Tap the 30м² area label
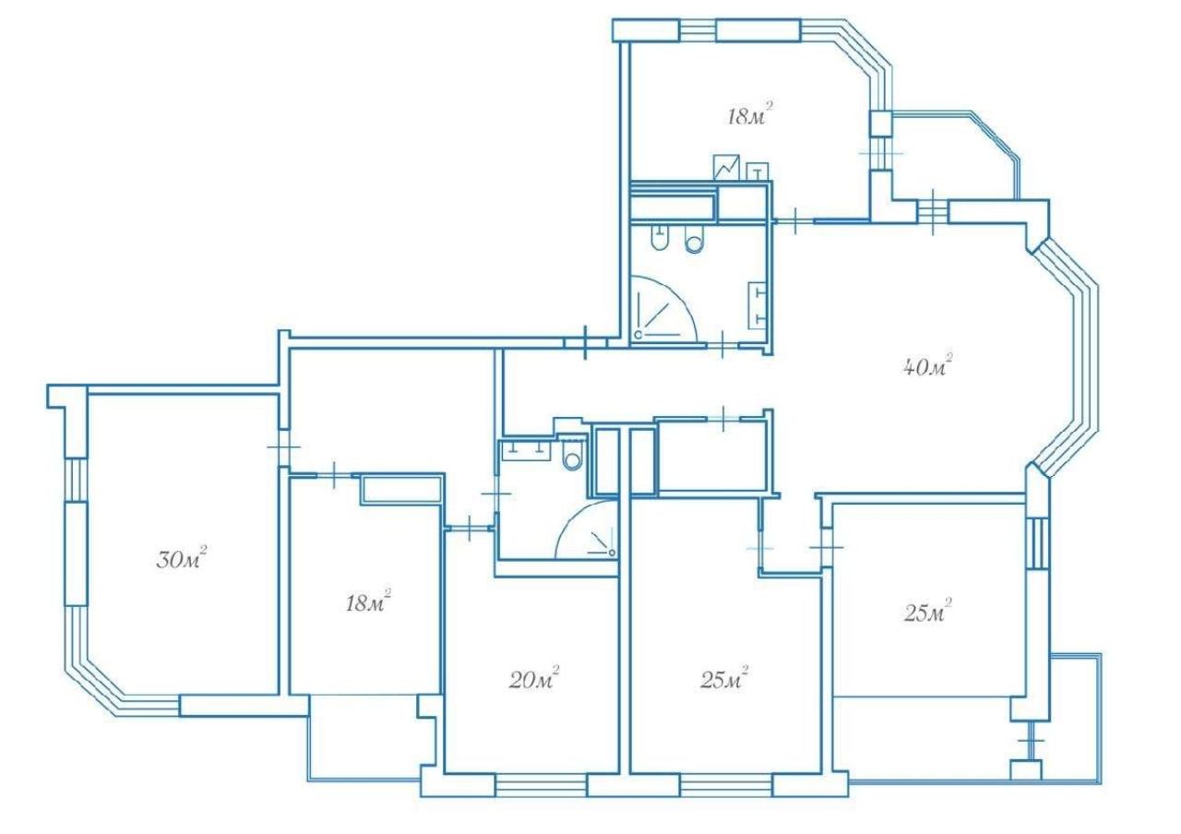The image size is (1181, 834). click(x=181, y=558)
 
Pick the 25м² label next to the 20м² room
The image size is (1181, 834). click(x=724, y=678)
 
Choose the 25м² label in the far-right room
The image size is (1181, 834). click(x=927, y=611)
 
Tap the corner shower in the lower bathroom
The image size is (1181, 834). click(x=587, y=530)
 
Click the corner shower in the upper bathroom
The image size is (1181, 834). click(x=663, y=309)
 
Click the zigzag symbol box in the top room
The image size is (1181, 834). click(x=726, y=168)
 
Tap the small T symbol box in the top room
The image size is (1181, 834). click(x=758, y=172)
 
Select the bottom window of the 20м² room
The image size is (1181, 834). click(x=541, y=785)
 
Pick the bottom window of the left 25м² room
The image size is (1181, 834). click(x=726, y=785)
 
